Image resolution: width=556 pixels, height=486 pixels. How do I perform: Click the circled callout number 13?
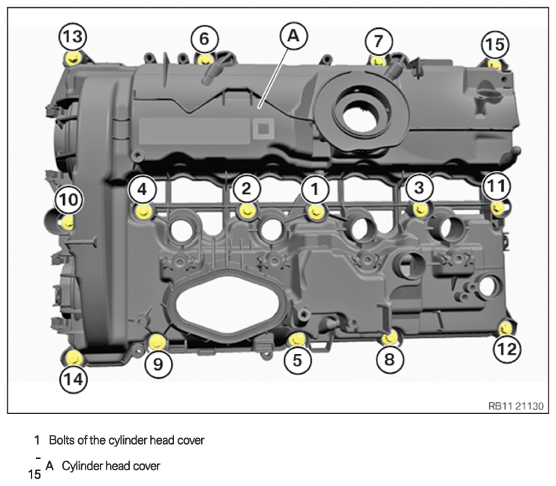pos(73,37)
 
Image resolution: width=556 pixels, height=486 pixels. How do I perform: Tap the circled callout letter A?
pos(293,36)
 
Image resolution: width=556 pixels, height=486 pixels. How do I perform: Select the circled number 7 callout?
pos(379,41)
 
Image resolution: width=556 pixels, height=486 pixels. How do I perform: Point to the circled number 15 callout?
pos(495,45)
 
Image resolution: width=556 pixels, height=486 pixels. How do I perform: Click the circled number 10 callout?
pos(69,200)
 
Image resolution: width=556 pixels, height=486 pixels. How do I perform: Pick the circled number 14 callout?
pos(74,379)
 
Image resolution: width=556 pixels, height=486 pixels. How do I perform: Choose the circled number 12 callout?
pos(507,349)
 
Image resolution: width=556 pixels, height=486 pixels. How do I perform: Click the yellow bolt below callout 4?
pos(144,211)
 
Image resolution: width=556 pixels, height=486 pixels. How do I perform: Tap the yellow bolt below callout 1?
pos(316,212)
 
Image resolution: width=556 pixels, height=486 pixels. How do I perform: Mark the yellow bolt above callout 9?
pos(157,341)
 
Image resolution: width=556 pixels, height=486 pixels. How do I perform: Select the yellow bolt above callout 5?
pos(297,340)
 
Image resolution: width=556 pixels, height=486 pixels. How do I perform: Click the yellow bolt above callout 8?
pos(390,337)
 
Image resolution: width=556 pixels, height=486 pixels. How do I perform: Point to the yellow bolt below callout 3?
pos(421,209)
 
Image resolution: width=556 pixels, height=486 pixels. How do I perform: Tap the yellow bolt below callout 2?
pos(247,211)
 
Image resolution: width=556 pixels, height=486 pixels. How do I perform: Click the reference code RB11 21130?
pos(516,406)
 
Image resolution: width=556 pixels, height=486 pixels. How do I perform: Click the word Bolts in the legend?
pos(62,440)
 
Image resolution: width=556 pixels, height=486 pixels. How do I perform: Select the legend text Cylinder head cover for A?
pos(111,466)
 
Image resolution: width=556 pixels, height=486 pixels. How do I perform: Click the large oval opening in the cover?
pos(227,302)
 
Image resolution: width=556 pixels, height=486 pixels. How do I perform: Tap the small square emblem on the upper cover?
pos(263,128)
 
